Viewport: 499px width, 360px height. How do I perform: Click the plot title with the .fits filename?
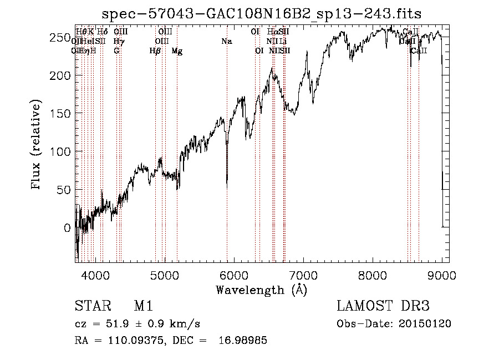(262, 14)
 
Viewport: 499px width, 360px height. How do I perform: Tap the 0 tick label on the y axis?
(68, 227)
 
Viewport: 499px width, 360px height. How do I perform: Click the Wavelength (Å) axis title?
(261, 290)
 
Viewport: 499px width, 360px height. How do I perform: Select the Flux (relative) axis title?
(37, 145)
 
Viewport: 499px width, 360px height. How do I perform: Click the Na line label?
(226, 41)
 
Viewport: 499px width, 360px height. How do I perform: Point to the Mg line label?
(177, 51)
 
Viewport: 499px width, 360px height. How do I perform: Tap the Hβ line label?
(155, 51)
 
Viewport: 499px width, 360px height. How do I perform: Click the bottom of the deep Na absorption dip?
(227, 186)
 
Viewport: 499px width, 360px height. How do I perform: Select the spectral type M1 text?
(143, 306)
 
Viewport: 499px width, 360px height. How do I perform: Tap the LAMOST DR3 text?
(383, 306)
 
